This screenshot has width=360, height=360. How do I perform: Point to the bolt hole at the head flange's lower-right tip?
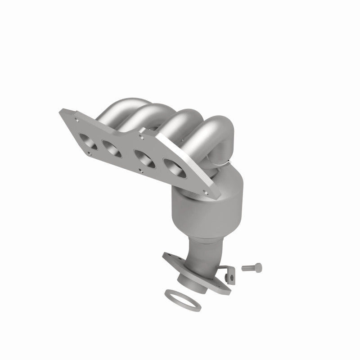(207, 194)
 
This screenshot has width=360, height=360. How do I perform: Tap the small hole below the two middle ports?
(141, 171)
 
